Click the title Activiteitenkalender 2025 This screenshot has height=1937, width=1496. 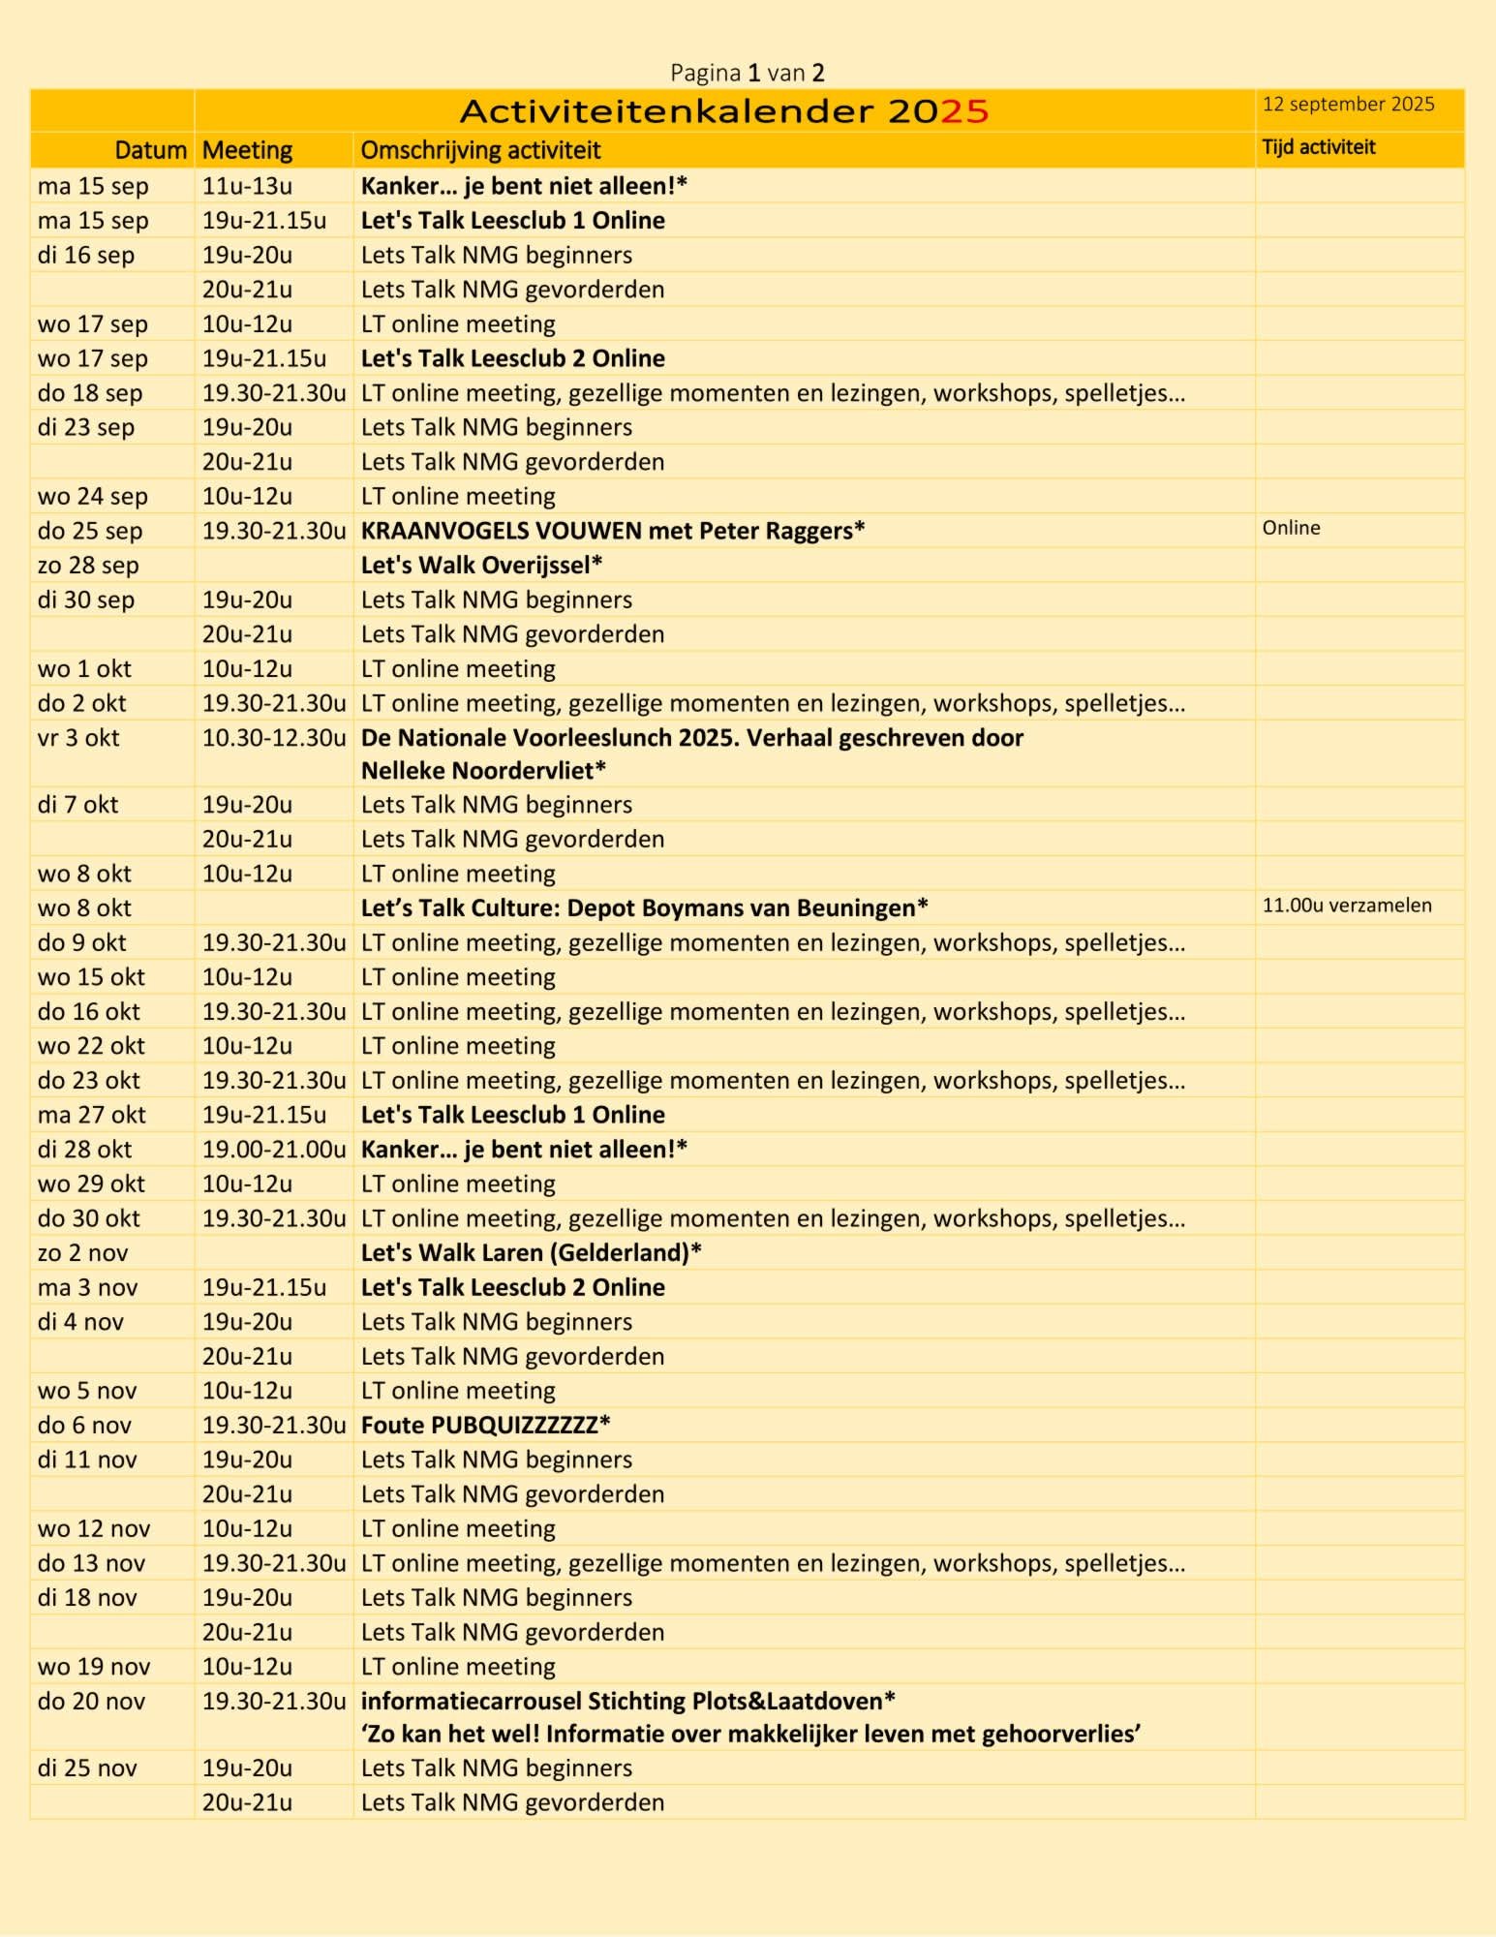[x=723, y=111]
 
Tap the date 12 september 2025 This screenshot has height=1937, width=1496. [x=1348, y=105]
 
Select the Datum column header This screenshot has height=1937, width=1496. [x=150, y=150]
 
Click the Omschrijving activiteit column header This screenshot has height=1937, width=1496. [x=480, y=150]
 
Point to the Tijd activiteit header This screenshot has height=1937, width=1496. [x=1318, y=147]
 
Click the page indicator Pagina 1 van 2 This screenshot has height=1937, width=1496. [x=747, y=73]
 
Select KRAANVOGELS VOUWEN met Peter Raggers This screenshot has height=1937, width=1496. [x=612, y=531]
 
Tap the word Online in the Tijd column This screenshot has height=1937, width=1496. [x=1291, y=528]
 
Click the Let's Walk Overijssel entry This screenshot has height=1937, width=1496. [x=481, y=565]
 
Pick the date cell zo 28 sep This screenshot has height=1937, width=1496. [x=88, y=565]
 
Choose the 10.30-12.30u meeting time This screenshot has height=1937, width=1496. [x=273, y=738]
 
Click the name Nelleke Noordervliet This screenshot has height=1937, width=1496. [x=482, y=771]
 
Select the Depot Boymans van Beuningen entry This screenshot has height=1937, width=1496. [x=644, y=908]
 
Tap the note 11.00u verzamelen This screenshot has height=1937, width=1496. [x=1346, y=906]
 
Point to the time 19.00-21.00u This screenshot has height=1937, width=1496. [x=273, y=1150]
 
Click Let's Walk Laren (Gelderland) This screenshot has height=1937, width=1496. [x=531, y=1253]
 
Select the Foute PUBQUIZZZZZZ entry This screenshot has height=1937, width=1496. [x=485, y=1426]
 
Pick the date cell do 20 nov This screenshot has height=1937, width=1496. [x=91, y=1702]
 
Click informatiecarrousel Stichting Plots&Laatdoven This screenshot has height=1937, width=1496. [x=627, y=1702]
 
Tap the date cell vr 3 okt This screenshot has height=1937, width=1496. [x=78, y=738]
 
